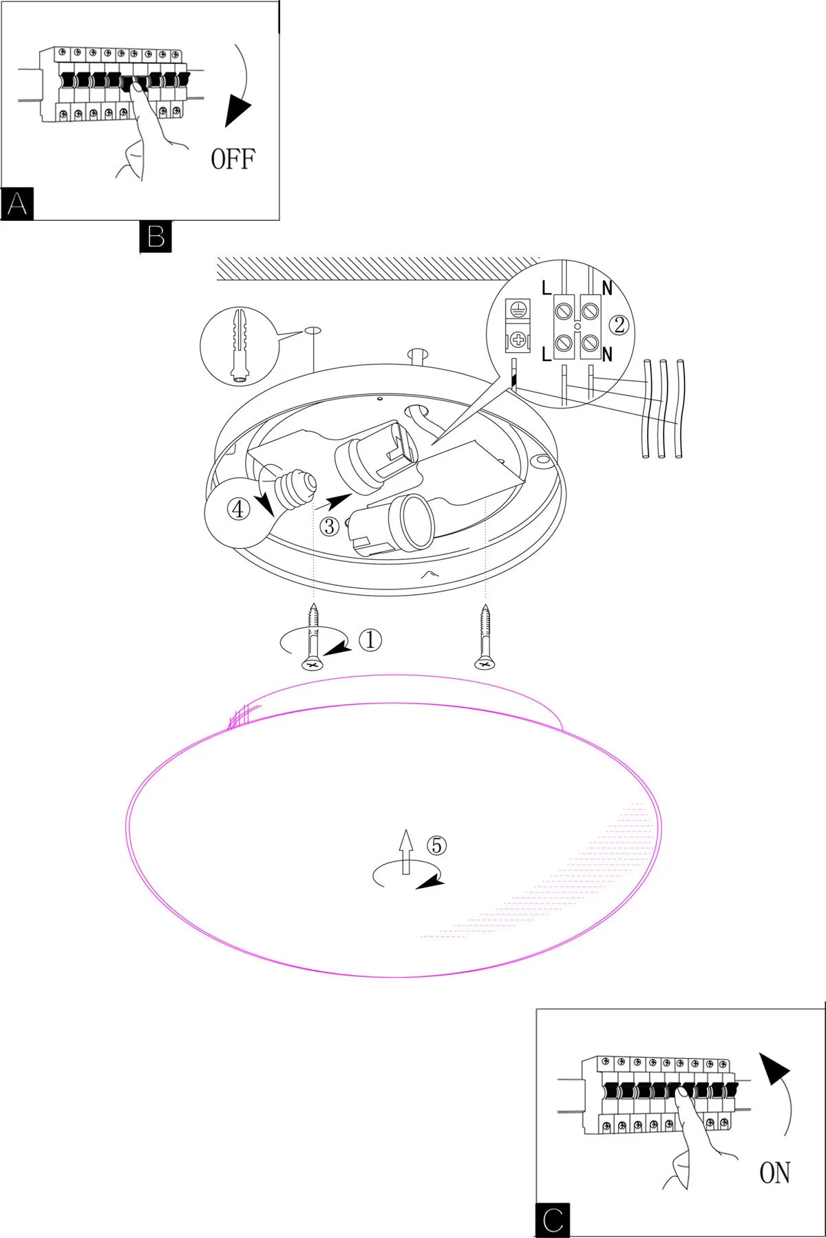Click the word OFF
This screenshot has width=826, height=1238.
click(x=233, y=159)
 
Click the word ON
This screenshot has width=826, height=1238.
click(x=774, y=1173)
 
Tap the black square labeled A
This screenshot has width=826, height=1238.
click(x=17, y=204)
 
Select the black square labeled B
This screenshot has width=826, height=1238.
click(x=156, y=237)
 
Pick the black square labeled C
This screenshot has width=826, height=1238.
click(x=553, y=1221)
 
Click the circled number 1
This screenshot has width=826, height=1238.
click(x=370, y=640)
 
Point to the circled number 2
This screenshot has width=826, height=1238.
click(x=619, y=324)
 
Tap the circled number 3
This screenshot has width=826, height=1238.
click(x=330, y=527)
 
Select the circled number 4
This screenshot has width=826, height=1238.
click(x=238, y=510)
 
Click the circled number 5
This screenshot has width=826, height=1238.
click(x=436, y=845)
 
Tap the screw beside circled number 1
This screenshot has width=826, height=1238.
click(x=313, y=636)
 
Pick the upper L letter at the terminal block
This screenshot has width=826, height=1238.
click(x=547, y=288)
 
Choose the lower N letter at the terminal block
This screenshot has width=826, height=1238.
click(x=607, y=355)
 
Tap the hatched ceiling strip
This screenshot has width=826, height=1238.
click(x=378, y=268)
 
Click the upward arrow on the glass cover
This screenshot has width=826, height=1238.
click(x=406, y=851)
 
